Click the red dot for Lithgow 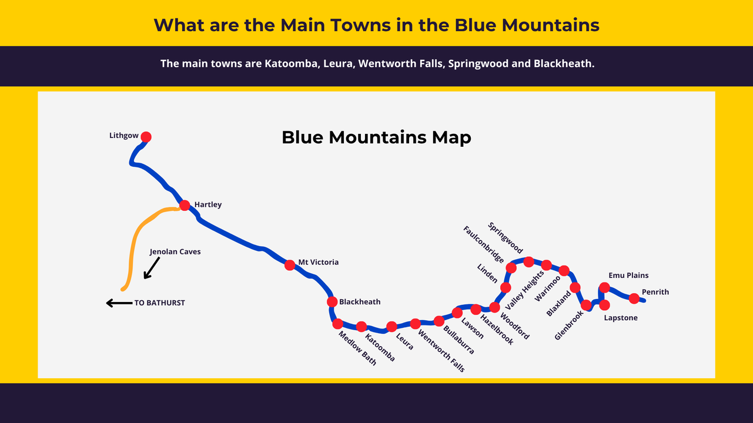(146, 137)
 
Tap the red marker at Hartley (185, 205)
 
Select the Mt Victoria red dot (290, 265)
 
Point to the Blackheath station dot (332, 302)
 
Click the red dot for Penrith (634, 298)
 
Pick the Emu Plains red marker (604, 287)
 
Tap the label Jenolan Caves (175, 251)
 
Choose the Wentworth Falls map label (441, 351)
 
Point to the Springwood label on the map (505, 238)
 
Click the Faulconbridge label (483, 245)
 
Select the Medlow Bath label (357, 348)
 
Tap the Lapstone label (621, 318)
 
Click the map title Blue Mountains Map (376, 137)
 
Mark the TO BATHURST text (159, 303)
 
